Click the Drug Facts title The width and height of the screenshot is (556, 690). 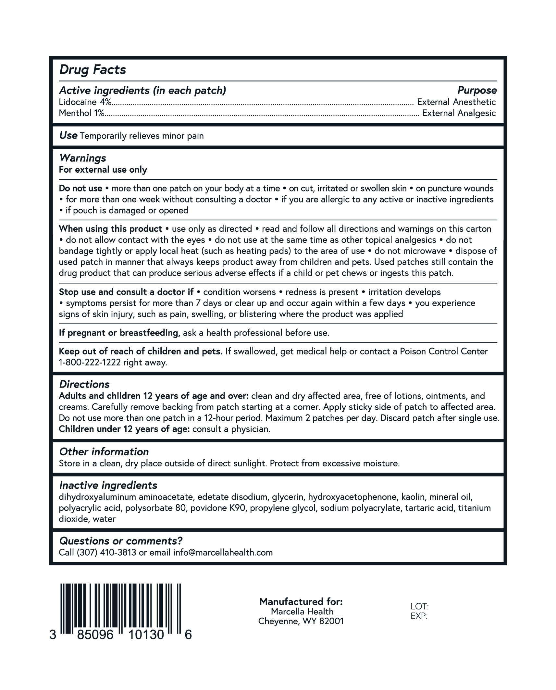click(93, 70)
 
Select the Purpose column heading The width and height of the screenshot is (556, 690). click(477, 90)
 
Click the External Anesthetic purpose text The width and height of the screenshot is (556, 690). click(456, 102)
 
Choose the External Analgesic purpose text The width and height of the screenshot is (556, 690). click(459, 113)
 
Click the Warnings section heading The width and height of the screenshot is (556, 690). click(82, 158)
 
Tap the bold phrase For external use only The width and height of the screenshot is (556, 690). click(103, 169)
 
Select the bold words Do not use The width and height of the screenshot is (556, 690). click(80, 188)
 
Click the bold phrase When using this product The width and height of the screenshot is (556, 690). click(110, 229)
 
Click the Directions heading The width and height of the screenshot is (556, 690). click(84, 384)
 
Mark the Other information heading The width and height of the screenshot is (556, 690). click(104, 451)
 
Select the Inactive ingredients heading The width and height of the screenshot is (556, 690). click(108, 485)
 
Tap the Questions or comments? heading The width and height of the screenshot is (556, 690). click(121, 541)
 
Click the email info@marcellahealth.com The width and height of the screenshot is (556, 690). click(223, 552)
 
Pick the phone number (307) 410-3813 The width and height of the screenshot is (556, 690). click(106, 552)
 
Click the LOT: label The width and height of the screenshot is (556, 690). click(419, 606)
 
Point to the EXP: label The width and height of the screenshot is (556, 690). click(419, 616)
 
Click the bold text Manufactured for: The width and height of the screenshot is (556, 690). click(301, 602)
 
